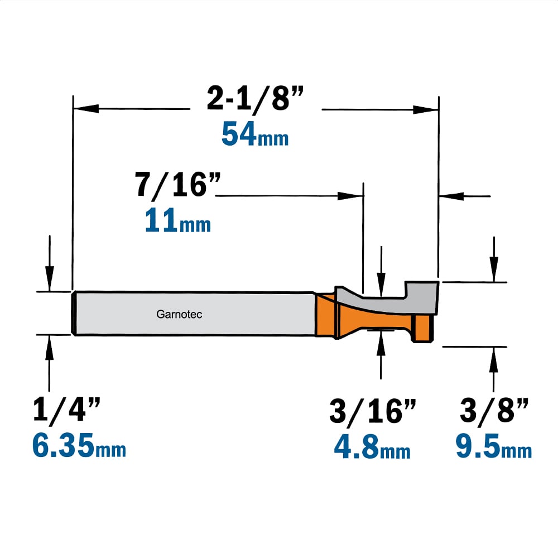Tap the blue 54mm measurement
coord(255,134)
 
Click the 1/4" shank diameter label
coord(66,410)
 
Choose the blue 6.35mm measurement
coord(79,445)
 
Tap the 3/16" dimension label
coord(373,411)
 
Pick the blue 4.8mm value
coord(372,447)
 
